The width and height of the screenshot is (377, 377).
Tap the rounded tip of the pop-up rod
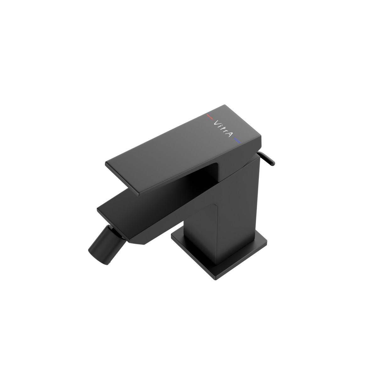[x=273, y=163]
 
